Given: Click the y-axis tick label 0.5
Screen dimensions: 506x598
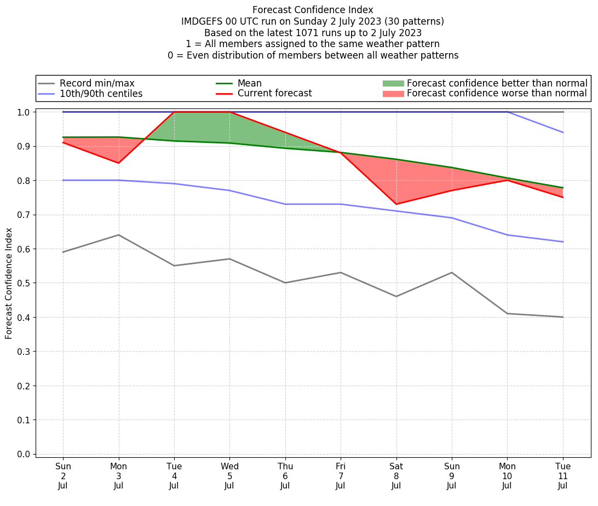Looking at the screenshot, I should [24, 283].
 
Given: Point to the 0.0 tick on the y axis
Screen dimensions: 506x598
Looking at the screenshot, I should [24, 454].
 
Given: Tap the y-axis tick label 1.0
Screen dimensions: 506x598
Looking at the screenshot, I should [24, 112].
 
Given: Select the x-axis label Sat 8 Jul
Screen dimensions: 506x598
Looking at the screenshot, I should [396, 475].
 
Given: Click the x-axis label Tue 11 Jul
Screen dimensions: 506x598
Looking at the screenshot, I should [563, 475].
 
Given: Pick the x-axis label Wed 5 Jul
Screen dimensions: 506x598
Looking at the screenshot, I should [229, 475].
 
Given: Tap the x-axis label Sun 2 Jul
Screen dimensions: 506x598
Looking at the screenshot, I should [63, 475].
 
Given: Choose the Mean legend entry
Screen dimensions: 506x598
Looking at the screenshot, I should [249, 83].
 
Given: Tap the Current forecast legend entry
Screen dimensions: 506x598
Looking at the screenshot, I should [274, 94].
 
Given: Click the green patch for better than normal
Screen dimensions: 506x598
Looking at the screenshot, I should [393, 83].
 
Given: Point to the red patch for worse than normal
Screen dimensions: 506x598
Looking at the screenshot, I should [393, 94].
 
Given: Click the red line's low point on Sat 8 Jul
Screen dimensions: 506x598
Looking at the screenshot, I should [396, 204].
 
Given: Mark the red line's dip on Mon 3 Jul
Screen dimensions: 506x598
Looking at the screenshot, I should [118, 163].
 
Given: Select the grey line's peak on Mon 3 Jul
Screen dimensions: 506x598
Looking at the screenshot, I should [118, 235].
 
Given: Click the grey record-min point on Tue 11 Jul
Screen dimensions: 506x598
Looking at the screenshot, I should [563, 317].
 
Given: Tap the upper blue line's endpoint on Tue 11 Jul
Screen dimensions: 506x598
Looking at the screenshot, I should [563, 133].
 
